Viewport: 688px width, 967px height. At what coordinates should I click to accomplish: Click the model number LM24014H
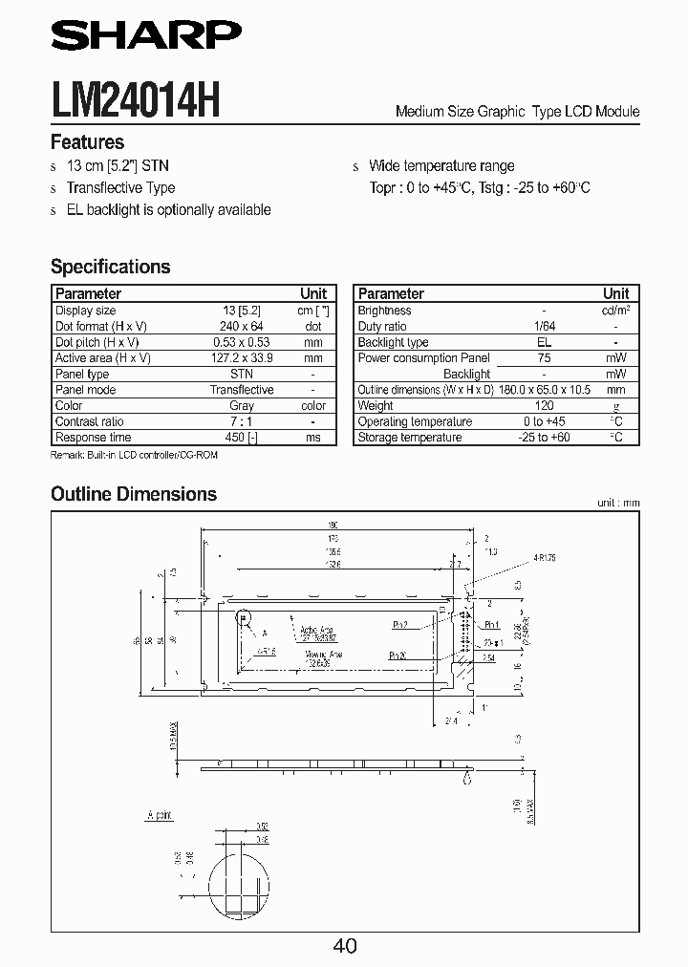[135, 99]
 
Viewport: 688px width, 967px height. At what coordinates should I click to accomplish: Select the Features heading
[87, 142]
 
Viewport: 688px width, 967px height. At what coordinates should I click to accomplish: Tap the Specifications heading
[110, 267]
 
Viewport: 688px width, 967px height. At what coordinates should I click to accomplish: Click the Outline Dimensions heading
[133, 494]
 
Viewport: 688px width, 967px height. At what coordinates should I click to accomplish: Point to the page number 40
[345, 945]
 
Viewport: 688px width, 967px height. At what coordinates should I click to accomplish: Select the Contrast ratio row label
[90, 421]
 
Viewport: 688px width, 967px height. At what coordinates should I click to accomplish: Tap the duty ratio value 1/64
[544, 326]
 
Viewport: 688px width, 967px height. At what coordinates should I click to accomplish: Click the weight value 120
[544, 406]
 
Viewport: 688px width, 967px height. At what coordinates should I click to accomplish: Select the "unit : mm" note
[617, 503]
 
